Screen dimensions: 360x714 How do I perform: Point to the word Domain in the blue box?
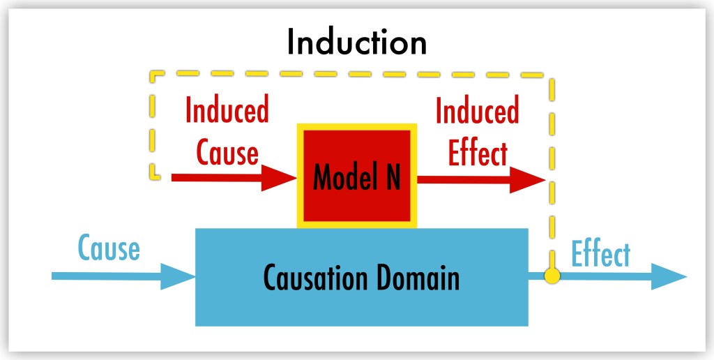point(418,278)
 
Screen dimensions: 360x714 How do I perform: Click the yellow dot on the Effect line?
point(552,276)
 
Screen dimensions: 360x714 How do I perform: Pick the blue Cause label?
point(109,249)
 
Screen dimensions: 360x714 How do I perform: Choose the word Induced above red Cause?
point(227,111)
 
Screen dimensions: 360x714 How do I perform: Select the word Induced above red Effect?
point(477,112)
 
